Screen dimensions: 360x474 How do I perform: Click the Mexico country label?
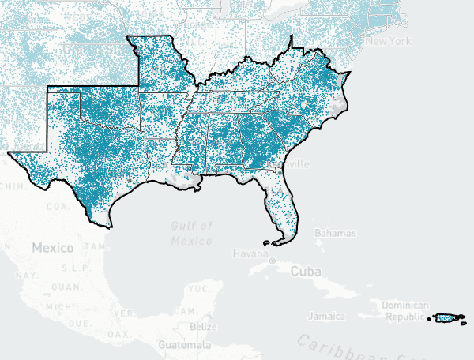point(52,247)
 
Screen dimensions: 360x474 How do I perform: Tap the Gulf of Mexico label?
point(191,233)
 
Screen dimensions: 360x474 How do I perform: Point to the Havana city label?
point(250,253)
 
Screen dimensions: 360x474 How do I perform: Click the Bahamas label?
point(336,234)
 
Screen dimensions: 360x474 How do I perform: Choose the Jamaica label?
point(326,317)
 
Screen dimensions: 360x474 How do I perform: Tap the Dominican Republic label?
point(404,310)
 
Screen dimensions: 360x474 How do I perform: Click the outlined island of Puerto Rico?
point(447,318)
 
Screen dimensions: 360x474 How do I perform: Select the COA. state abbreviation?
point(56,207)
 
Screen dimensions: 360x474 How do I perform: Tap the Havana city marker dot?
point(271,260)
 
